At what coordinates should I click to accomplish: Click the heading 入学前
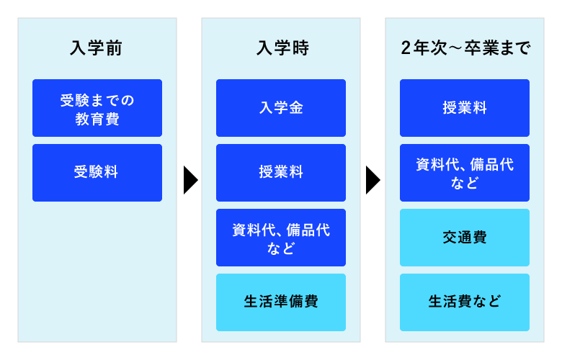(97, 49)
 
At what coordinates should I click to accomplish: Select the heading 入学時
(280, 49)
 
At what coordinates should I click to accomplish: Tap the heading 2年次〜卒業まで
(465, 49)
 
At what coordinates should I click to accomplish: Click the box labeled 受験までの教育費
(97, 108)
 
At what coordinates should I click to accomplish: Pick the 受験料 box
(97, 173)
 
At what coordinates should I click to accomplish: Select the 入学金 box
(280, 108)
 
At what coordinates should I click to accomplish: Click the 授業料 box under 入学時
(280, 173)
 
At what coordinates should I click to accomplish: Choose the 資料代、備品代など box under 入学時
(280, 238)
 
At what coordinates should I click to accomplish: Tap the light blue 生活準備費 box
(280, 302)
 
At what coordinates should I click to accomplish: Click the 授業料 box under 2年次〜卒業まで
(465, 108)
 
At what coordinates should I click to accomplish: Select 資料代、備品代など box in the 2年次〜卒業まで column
(465, 173)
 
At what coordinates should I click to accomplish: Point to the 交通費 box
(465, 238)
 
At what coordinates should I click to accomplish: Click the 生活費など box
(465, 302)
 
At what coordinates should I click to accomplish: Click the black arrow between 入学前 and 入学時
(189, 180)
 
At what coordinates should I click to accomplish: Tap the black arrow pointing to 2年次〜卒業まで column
(373, 180)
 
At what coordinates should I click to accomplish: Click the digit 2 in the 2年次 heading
(406, 49)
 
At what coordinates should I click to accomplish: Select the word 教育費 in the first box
(97, 117)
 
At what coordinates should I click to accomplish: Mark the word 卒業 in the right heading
(483, 49)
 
